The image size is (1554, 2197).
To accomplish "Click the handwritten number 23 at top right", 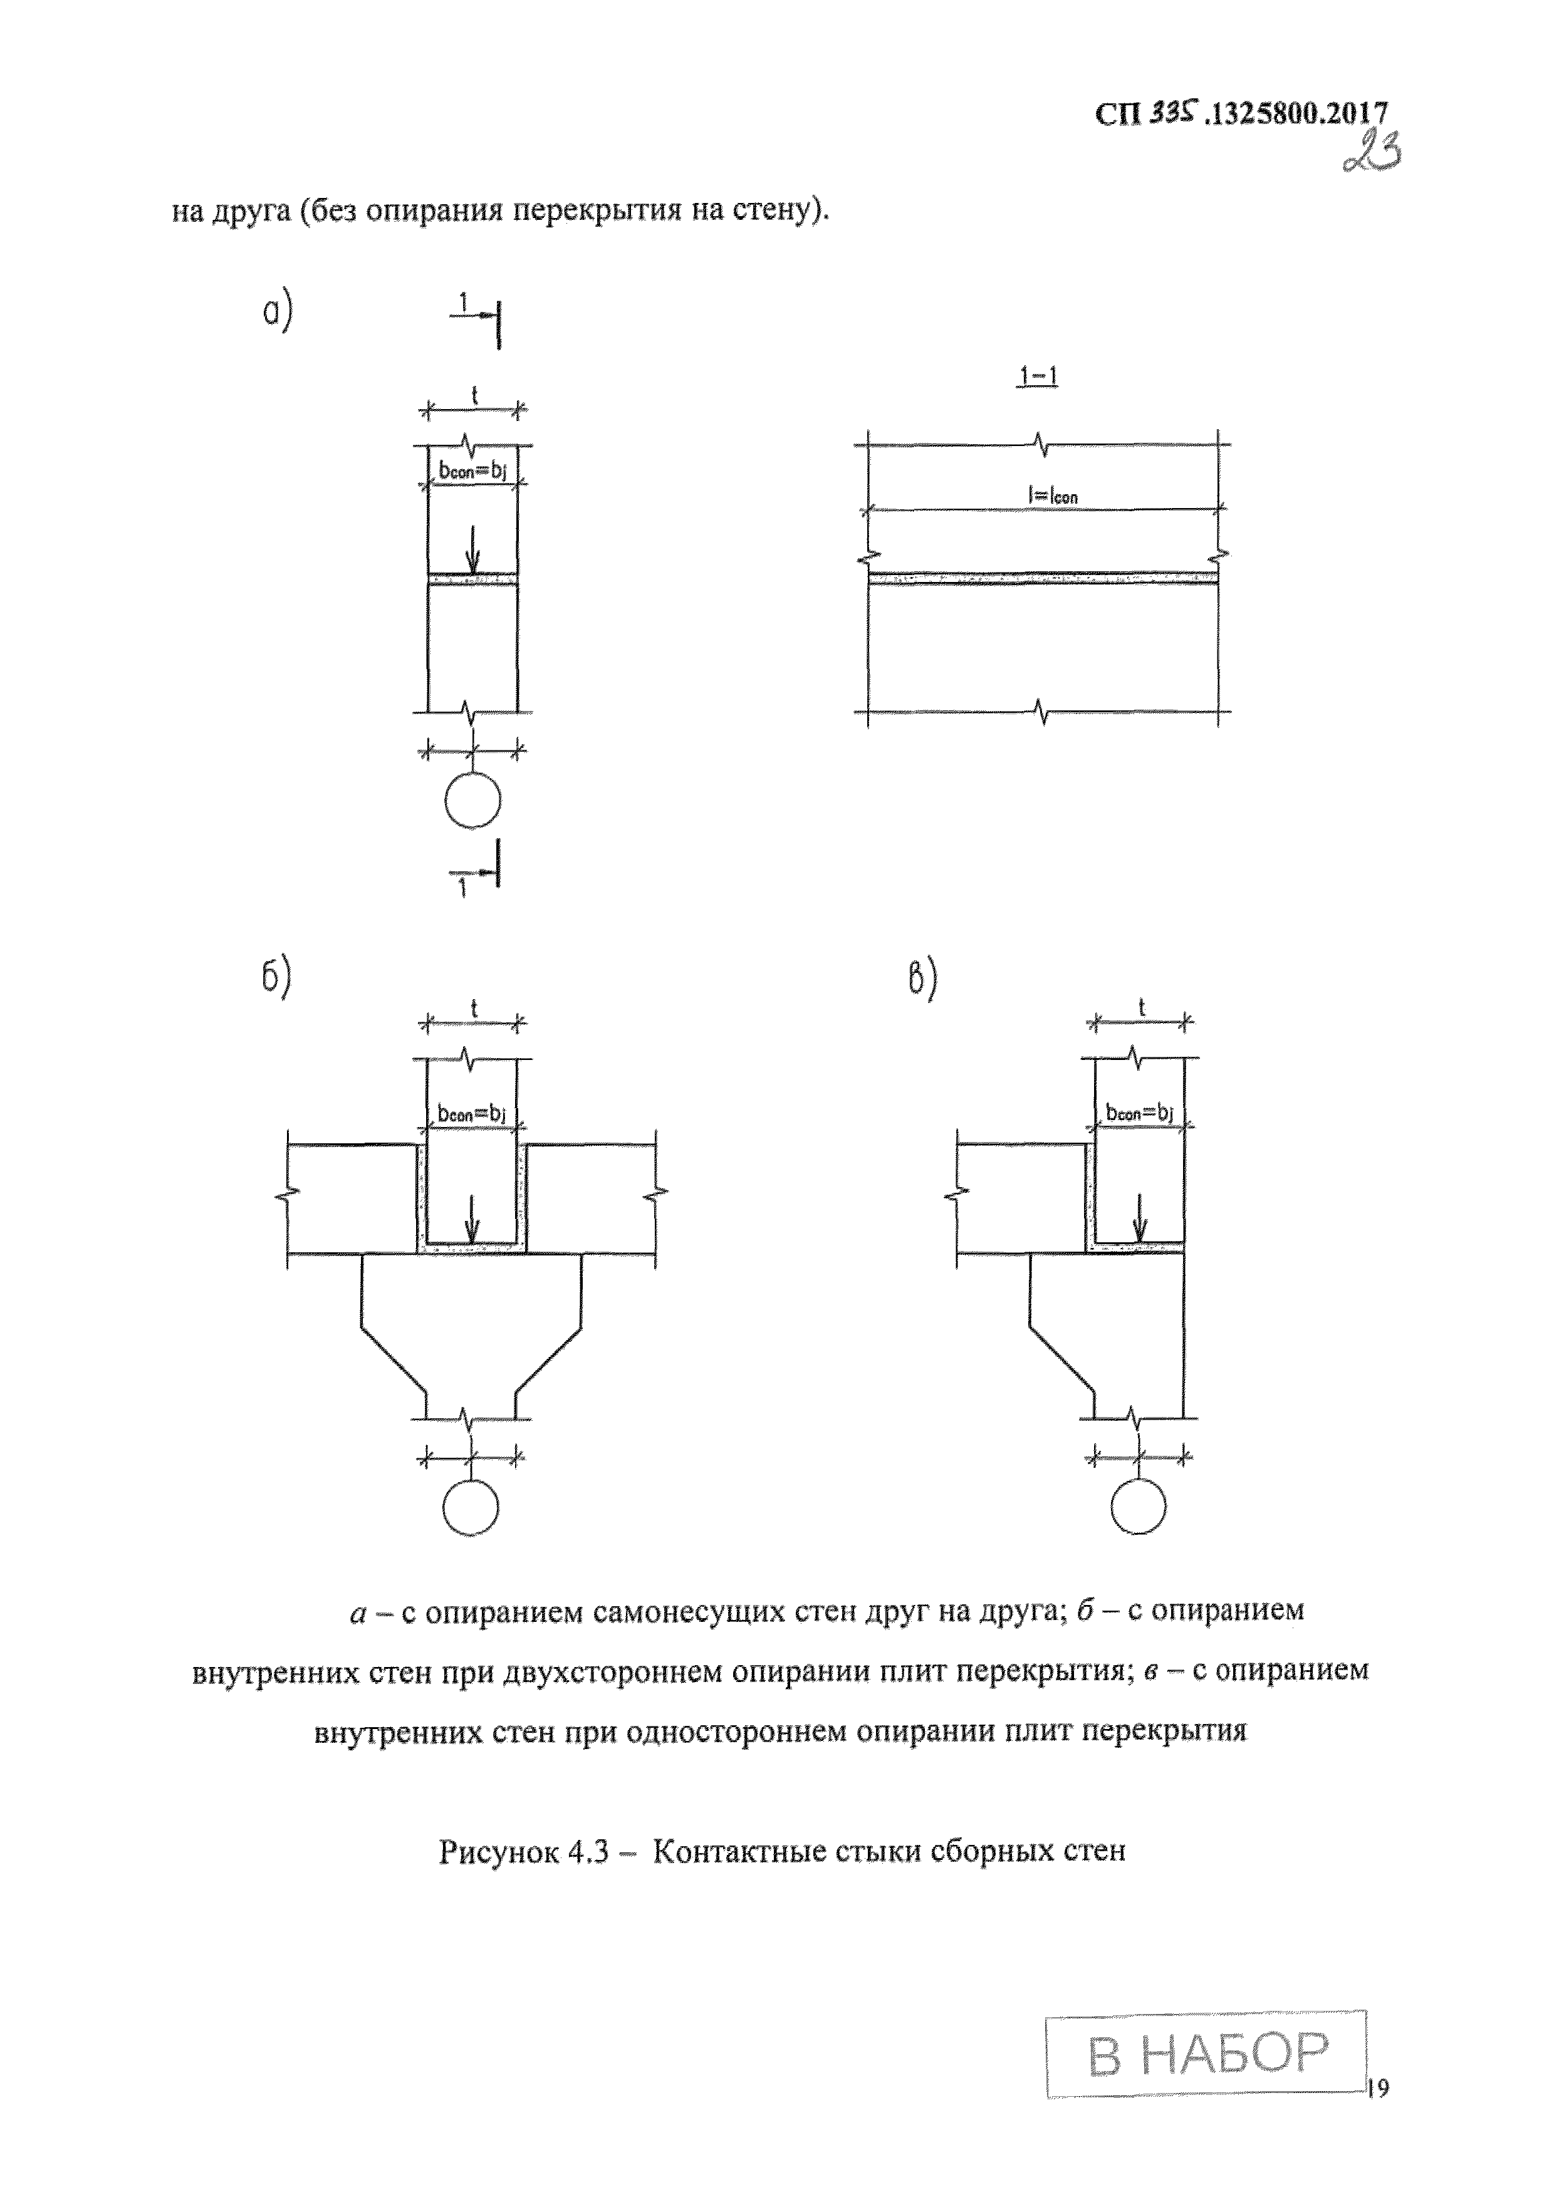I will (x=1371, y=150).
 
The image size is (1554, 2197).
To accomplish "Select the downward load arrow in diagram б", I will (x=471, y=1221).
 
